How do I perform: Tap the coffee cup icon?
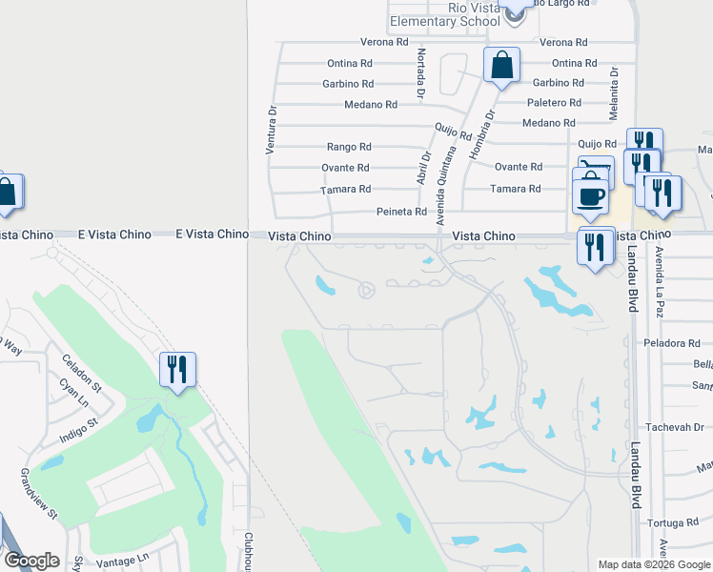(x=591, y=195)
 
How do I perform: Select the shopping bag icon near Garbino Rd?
(x=501, y=67)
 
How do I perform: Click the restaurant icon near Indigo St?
(x=177, y=369)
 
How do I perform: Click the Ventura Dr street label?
(x=271, y=129)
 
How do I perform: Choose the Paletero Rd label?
(x=554, y=103)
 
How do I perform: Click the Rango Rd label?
(x=349, y=147)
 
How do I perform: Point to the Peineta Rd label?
(x=401, y=212)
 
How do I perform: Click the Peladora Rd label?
(x=672, y=342)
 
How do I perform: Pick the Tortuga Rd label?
(x=672, y=522)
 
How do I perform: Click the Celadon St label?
(x=81, y=371)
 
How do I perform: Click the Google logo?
(x=32, y=561)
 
